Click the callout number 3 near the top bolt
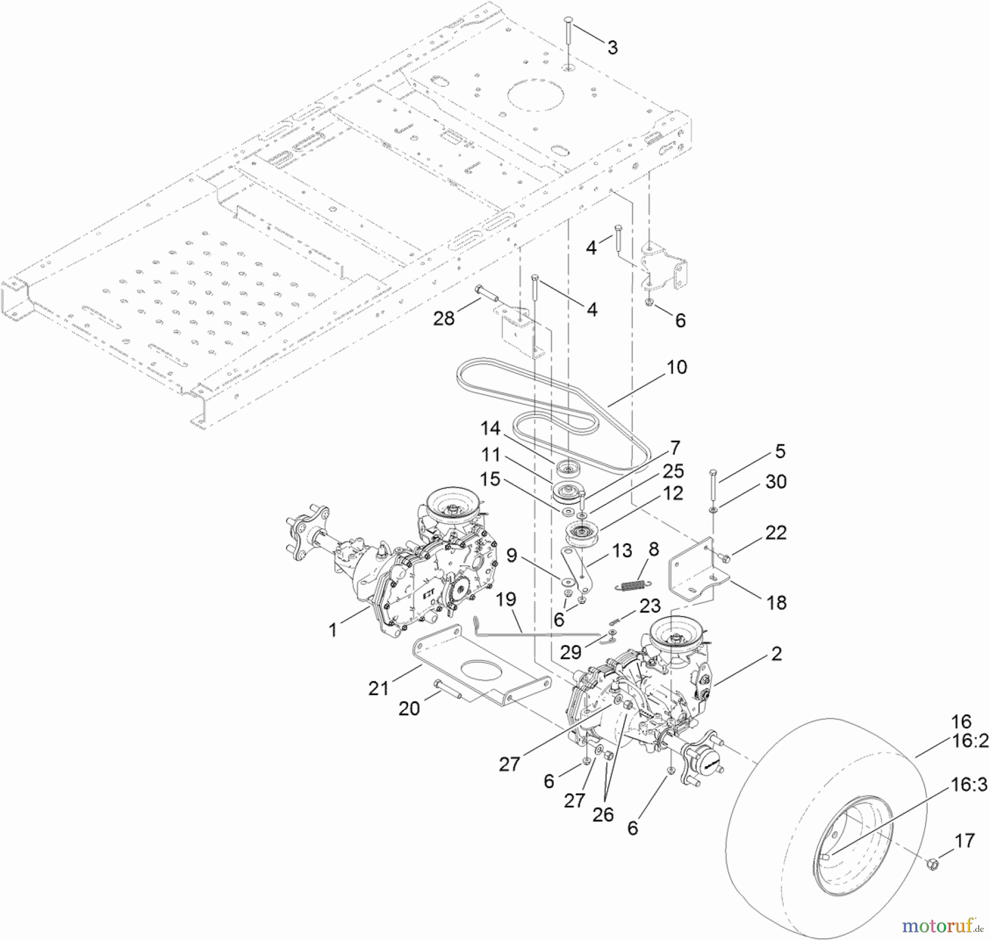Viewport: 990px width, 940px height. (x=612, y=48)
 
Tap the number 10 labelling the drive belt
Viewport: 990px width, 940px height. (x=676, y=367)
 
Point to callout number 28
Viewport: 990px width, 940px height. (x=444, y=318)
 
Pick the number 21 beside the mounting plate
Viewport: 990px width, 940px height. (x=378, y=688)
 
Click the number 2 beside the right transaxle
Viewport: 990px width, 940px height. (x=777, y=654)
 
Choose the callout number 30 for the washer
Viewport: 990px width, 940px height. (x=776, y=482)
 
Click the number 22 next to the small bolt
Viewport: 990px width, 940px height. (x=776, y=532)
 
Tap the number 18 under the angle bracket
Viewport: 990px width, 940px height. (x=777, y=603)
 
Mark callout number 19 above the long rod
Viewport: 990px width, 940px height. (x=507, y=599)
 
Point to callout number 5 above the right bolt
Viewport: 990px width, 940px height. (x=780, y=452)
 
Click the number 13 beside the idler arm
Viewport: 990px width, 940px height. (x=622, y=551)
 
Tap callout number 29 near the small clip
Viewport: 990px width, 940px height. (x=570, y=652)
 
